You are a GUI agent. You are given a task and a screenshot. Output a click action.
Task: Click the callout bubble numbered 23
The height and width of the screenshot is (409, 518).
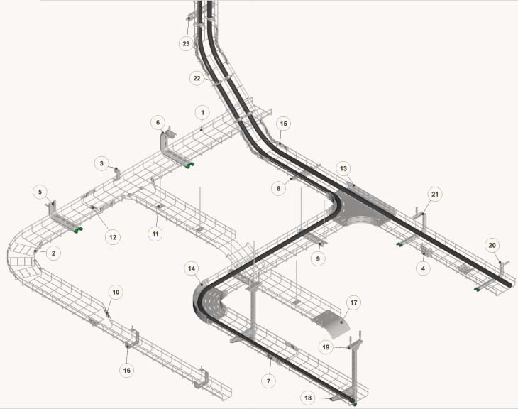click(187, 43)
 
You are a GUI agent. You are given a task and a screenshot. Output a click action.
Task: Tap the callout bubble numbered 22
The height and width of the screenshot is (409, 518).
click(197, 78)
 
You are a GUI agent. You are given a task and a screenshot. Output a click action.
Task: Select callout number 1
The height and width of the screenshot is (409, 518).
click(202, 113)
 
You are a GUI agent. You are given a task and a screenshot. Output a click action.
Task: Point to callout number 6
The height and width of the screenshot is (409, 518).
click(158, 123)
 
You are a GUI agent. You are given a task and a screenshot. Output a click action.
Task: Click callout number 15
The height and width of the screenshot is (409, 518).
click(283, 124)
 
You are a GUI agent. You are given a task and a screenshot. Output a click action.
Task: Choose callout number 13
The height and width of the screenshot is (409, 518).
click(343, 168)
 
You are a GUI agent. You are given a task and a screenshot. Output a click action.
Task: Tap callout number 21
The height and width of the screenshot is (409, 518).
click(435, 194)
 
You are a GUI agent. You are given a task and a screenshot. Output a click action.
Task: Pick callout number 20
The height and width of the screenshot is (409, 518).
click(492, 246)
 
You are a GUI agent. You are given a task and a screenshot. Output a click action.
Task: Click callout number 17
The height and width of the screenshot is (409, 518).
click(353, 302)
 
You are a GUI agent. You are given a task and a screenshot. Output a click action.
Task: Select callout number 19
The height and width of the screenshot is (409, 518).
click(326, 347)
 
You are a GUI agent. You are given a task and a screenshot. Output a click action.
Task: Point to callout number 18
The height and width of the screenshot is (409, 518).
click(308, 398)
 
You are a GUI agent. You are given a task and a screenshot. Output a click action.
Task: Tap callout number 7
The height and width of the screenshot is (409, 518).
click(268, 381)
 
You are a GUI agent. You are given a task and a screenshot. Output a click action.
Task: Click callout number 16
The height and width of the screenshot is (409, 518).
click(127, 371)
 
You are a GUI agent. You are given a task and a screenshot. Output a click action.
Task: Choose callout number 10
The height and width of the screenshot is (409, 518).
click(116, 292)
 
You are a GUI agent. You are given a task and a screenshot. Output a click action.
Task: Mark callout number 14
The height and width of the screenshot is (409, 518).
click(192, 268)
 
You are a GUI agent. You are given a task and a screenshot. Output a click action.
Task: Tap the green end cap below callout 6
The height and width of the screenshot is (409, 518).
click(189, 164)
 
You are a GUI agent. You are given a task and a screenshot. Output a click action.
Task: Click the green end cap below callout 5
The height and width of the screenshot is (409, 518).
click(78, 230)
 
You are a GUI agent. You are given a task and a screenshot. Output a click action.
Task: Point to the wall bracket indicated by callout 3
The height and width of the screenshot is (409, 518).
click(117, 174)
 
